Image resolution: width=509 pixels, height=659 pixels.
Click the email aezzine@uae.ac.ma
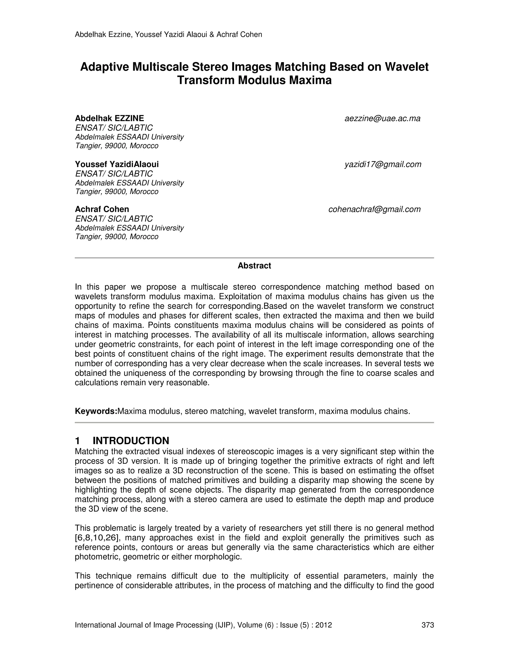point(382,119)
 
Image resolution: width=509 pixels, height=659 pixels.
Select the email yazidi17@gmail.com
point(383,164)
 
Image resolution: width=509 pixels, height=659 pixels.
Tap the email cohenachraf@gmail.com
point(374,209)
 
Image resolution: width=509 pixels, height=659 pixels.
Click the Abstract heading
point(254,266)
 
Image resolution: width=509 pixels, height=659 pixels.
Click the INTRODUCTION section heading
point(131,441)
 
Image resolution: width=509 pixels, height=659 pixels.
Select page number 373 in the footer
point(427,625)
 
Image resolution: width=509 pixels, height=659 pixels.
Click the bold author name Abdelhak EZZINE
point(109,118)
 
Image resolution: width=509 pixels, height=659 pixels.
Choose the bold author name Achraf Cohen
point(102,209)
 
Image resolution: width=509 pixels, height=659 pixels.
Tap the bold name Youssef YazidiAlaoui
point(117,164)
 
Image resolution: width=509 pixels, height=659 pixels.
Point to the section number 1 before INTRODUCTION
point(77,441)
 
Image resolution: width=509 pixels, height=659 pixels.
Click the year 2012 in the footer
point(324,625)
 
